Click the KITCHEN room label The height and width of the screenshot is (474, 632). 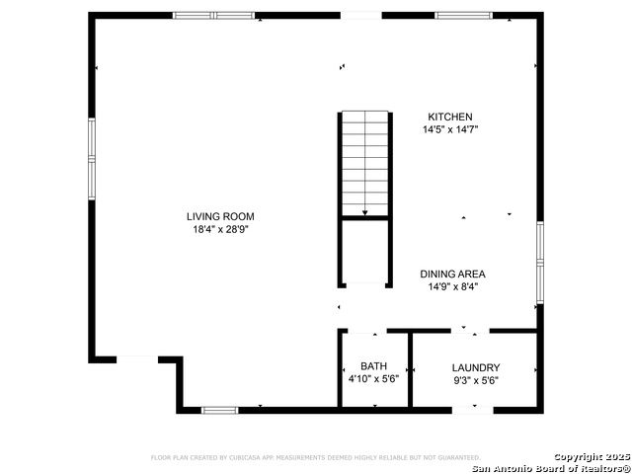[449, 117]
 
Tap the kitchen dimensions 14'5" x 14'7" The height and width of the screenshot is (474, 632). [449, 129]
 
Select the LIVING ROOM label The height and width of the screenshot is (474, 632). [227, 216]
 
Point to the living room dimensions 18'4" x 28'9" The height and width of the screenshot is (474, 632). [227, 230]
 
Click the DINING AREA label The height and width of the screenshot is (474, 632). [452, 274]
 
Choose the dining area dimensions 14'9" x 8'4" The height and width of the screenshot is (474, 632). [452, 287]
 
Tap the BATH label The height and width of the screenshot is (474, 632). [373, 366]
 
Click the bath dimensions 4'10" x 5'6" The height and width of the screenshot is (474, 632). [373, 379]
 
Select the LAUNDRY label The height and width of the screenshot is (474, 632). [475, 366]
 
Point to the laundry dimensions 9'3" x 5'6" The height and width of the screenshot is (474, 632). [475, 379]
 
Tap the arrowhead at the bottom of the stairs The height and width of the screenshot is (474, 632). [365, 211]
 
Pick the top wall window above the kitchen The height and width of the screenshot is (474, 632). [464, 16]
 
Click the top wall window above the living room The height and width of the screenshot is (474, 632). [213, 16]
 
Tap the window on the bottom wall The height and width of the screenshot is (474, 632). [219, 409]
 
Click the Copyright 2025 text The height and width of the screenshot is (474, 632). [591, 456]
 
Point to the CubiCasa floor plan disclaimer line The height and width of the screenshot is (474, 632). [315, 457]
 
